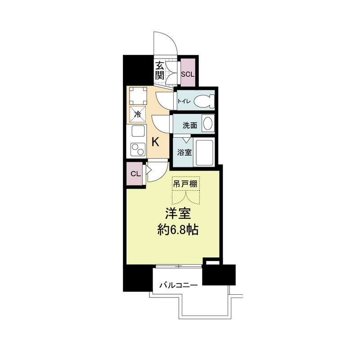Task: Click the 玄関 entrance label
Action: pos(160,71)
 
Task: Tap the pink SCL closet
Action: pos(187,74)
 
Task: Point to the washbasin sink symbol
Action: pos(208,123)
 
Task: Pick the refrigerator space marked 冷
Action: pos(138,114)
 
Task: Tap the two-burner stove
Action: pos(137,148)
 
